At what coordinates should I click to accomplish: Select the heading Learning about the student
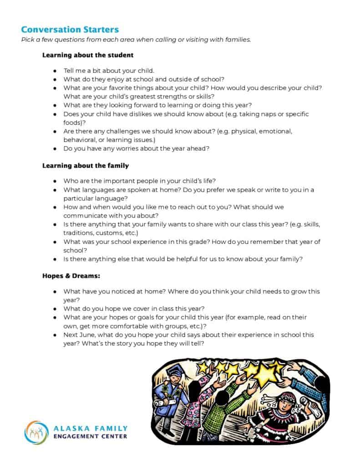pos(88,55)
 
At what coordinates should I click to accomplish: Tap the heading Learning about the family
pos(86,166)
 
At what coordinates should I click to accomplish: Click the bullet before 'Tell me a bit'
pos(55,71)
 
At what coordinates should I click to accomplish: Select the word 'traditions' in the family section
pos(81,233)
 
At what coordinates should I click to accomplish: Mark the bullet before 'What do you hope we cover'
pos(55,308)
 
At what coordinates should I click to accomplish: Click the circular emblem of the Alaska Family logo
pos(36,432)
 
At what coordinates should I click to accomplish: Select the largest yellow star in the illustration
pos(265,375)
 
